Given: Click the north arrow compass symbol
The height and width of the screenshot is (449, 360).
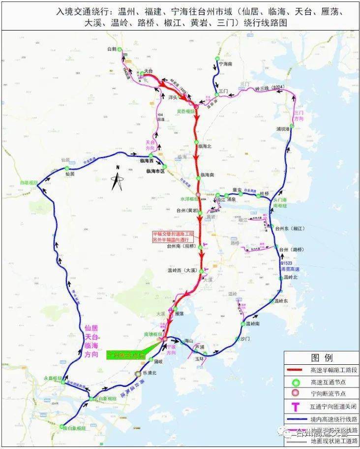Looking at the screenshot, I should click(x=117, y=178).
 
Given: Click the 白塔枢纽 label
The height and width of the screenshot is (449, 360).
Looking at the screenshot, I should click(x=29, y=182).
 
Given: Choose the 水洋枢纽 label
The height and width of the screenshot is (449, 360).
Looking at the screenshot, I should click(x=189, y=198).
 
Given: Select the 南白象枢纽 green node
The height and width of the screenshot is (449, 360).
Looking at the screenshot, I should click(x=62, y=426).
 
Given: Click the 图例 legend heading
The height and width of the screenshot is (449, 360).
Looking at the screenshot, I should click(x=322, y=357).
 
